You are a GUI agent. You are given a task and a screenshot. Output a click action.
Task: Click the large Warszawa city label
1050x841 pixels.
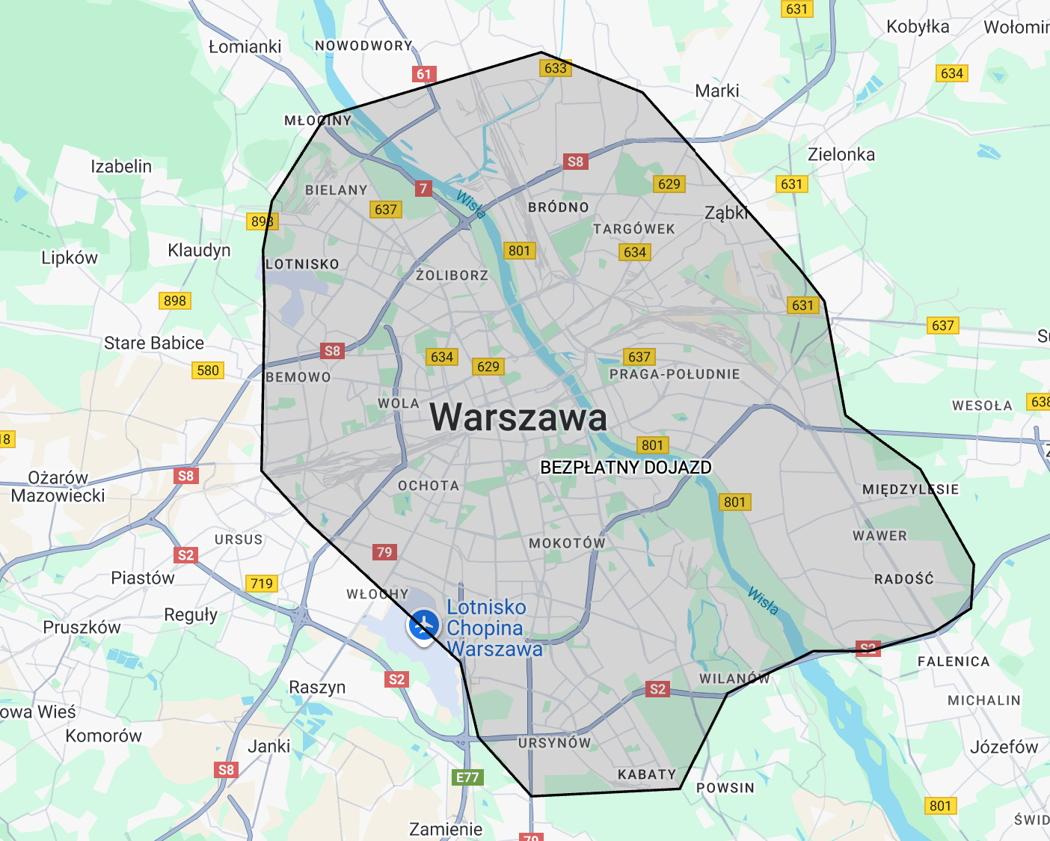(518, 418)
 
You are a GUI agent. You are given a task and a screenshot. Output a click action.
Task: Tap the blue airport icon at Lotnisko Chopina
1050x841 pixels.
(423, 623)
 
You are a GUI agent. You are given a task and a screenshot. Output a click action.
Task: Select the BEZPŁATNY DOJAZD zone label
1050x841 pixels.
(625, 468)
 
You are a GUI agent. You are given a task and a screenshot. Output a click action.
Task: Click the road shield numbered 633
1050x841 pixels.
(556, 68)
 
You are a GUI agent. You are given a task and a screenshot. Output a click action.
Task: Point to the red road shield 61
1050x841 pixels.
(424, 74)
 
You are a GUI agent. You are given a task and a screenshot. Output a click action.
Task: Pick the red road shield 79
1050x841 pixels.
(384, 552)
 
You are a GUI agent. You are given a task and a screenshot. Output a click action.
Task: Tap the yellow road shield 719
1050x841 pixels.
(262, 584)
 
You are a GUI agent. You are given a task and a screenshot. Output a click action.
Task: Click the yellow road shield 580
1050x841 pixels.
(208, 370)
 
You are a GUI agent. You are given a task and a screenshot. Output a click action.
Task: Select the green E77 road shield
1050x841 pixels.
(467, 777)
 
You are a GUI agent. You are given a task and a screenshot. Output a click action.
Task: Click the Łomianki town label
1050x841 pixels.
(245, 46)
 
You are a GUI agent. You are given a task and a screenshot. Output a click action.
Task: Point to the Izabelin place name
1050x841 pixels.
(121, 166)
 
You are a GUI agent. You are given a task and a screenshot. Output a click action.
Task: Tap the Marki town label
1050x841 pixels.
(716, 91)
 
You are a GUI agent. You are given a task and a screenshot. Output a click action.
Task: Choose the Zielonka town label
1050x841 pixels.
(841, 154)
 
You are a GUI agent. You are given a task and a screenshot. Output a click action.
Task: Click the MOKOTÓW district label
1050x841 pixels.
(567, 542)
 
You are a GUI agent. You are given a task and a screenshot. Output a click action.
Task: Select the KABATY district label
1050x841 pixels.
(647, 774)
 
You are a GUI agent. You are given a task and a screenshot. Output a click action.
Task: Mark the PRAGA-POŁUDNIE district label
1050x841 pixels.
(675, 374)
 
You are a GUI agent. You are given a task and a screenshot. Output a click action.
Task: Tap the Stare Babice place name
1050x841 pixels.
(154, 343)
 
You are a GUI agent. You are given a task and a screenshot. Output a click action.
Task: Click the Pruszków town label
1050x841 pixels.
(82, 627)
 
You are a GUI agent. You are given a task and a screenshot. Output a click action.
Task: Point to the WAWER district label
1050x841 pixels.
(879, 536)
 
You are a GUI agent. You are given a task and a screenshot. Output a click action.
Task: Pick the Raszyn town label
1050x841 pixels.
(317, 687)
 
